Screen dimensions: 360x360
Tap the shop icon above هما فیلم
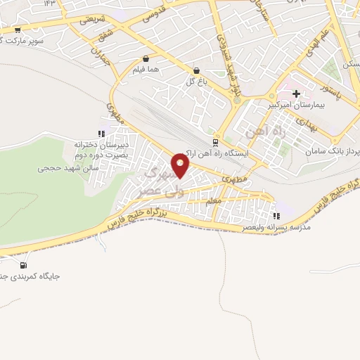pos(146,59)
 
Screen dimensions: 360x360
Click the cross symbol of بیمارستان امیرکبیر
pos(296,93)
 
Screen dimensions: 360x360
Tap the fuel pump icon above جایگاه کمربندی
pos(25,265)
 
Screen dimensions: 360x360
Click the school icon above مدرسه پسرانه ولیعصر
pos(276,216)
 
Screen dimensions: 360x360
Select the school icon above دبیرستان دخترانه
pos(101,133)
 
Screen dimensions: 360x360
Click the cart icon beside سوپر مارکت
pos(18,30)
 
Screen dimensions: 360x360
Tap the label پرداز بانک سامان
pos(331,152)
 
